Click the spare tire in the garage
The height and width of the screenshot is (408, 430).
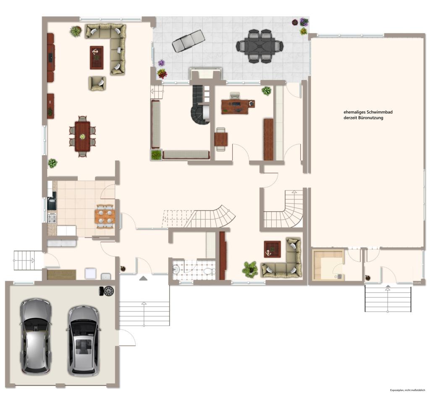point(107,291)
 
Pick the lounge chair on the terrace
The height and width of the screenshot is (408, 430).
point(189,41)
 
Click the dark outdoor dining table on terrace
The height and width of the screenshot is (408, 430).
point(259,46)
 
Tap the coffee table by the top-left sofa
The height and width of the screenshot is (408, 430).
point(97,57)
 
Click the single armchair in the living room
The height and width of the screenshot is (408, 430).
point(97,83)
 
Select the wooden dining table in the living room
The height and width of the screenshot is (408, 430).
point(83,136)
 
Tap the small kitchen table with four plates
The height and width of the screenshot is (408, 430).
point(105,217)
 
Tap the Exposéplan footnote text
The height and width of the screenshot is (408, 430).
point(407,390)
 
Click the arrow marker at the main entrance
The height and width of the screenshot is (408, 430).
point(144,278)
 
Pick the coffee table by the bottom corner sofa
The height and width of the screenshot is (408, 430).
point(272,249)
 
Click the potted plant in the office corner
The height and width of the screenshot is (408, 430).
point(266,91)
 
